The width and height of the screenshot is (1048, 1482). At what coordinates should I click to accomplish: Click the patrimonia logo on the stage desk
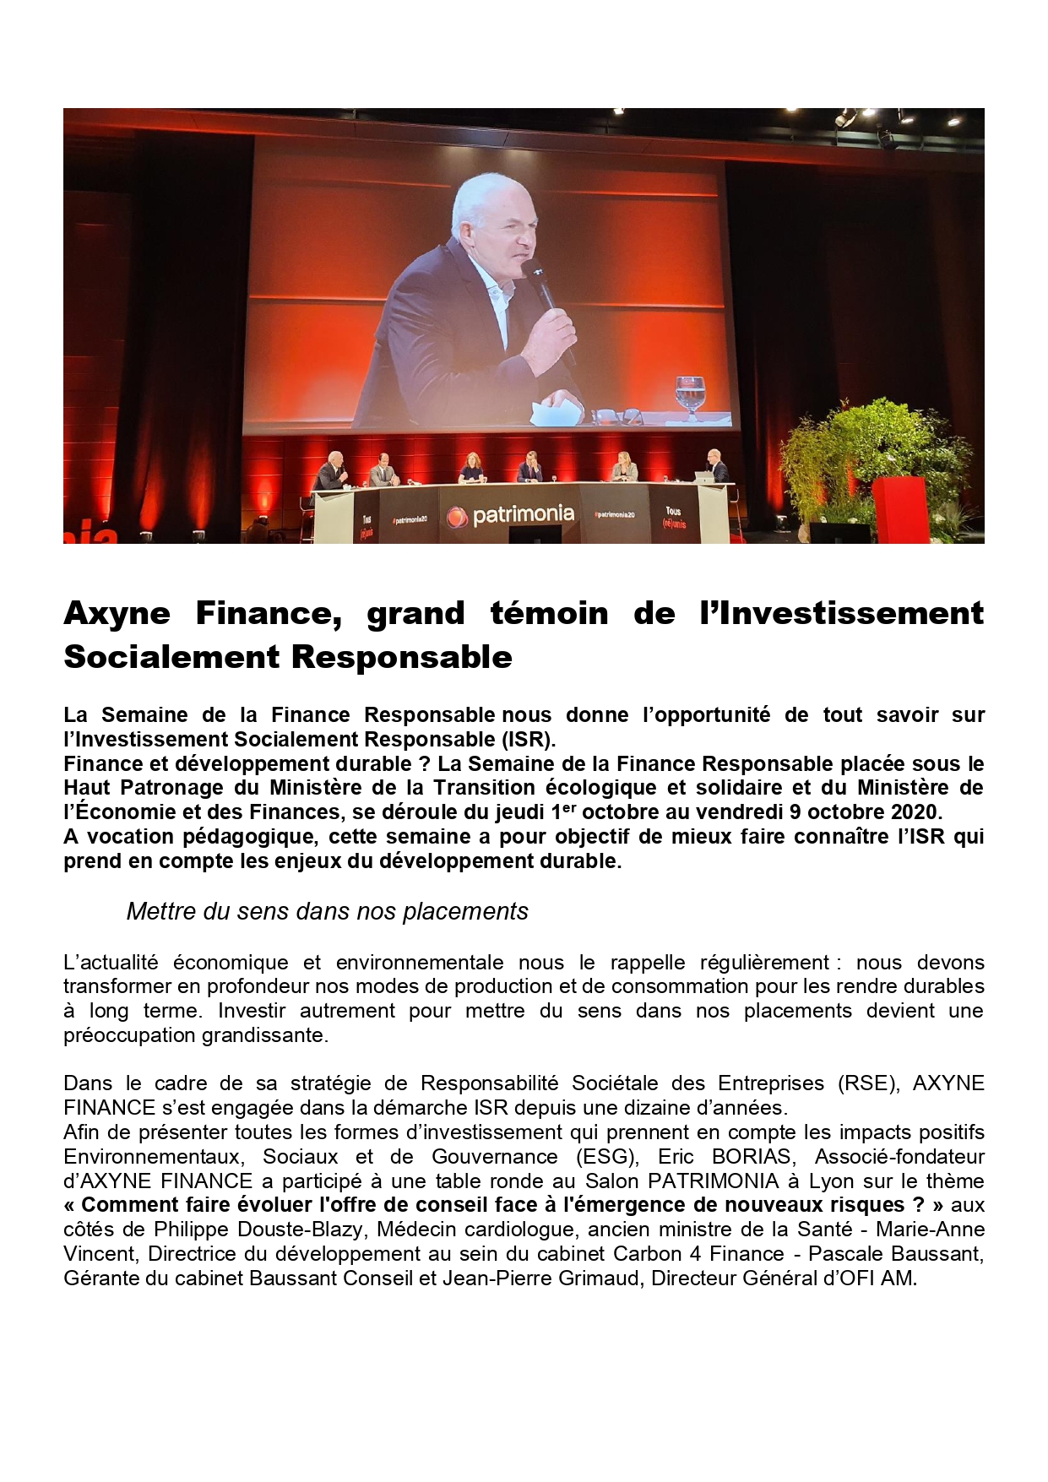(x=511, y=514)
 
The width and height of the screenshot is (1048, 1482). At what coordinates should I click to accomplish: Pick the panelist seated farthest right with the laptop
(x=716, y=466)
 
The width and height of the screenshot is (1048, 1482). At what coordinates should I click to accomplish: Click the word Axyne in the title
(x=117, y=614)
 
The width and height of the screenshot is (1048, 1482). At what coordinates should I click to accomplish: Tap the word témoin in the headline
(x=549, y=614)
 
